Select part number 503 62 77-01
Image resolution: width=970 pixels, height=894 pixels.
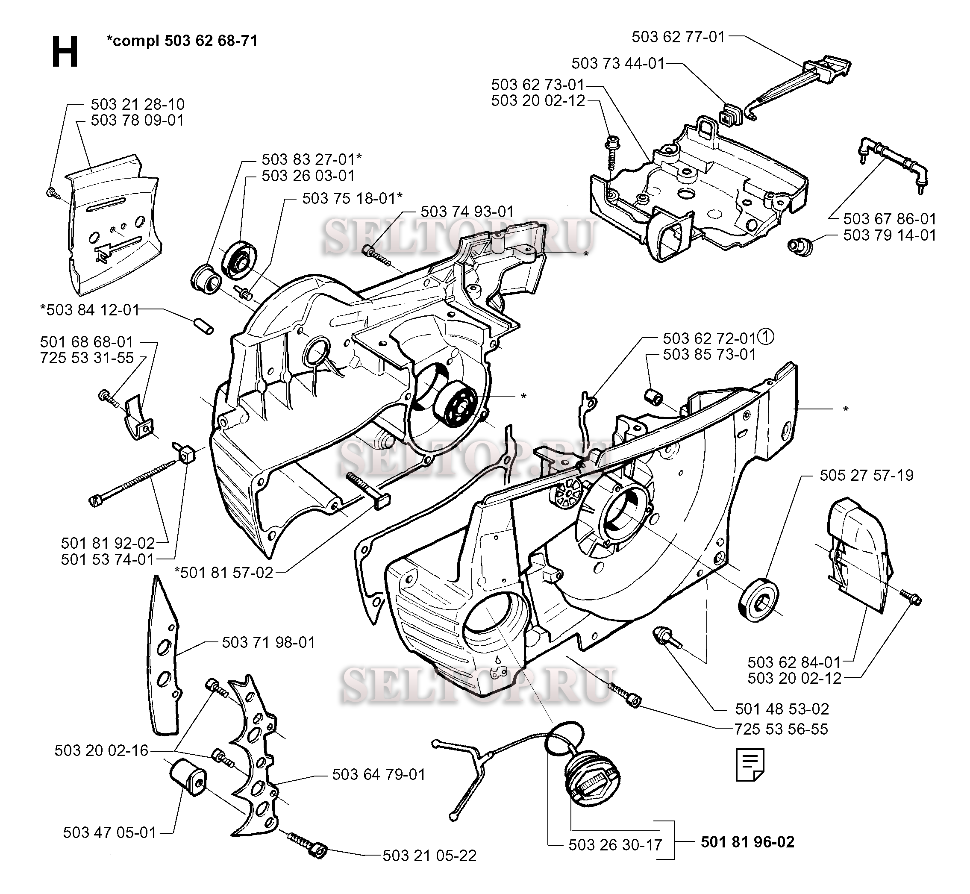[x=678, y=37]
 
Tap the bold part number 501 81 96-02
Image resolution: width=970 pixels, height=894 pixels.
[x=747, y=842]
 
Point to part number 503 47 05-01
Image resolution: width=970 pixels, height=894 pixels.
[x=110, y=832]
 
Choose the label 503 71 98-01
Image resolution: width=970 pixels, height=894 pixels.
[x=268, y=642]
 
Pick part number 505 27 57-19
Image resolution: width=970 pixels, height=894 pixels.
[x=866, y=475]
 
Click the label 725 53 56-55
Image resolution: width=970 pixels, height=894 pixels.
[x=781, y=729]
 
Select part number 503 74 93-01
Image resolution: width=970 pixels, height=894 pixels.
[x=467, y=212]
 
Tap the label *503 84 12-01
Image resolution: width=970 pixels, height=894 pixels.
[x=89, y=310]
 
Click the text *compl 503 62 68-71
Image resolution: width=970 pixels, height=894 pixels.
[x=182, y=41]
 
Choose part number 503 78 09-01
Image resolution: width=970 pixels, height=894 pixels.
[x=138, y=121]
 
